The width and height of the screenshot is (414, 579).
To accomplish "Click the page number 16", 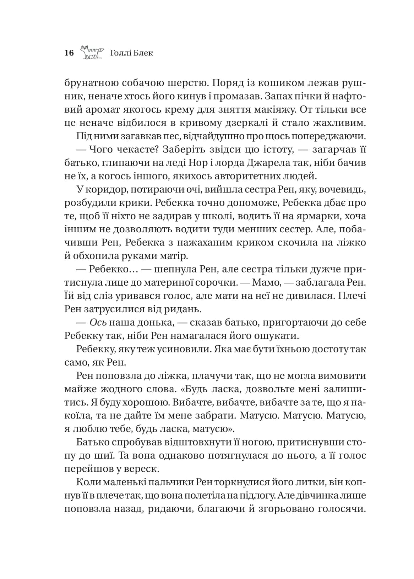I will point(69,53).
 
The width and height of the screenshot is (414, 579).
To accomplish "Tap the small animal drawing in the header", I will point(92,52).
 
